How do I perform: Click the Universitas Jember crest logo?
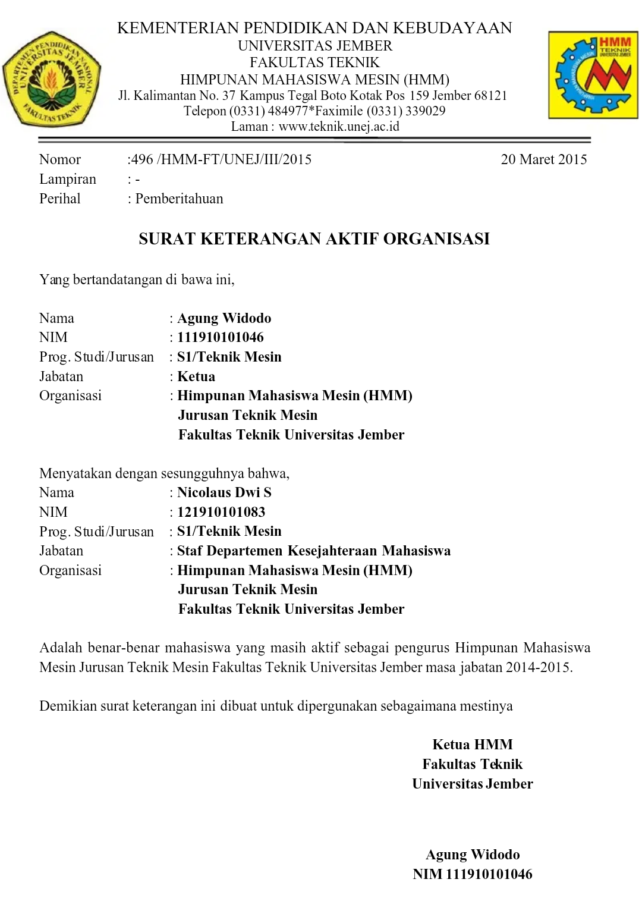(x=52, y=79)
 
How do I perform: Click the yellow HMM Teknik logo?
(x=593, y=75)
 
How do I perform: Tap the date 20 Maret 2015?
(x=543, y=159)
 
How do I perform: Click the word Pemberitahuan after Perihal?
(x=179, y=199)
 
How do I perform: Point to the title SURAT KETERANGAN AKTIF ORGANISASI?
(x=314, y=238)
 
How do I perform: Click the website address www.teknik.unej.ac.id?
(x=339, y=126)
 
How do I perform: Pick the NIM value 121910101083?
(x=221, y=512)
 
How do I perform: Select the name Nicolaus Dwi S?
(x=224, y=492)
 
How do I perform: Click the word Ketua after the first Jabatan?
(x=196, y=376)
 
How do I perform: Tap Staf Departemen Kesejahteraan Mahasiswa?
(x=314, y=551)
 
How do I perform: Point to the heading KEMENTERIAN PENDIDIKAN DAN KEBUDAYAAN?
(x=314, y=28)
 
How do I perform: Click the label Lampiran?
(x=67, y=179)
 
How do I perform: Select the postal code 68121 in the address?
(x=490, y=95)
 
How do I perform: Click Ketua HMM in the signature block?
(x=473, y=745)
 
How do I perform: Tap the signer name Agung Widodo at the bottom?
(x=473, y=855)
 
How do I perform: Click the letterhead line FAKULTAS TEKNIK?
(x=314, y=62)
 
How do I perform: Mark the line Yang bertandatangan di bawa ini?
(x=137, y=280)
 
